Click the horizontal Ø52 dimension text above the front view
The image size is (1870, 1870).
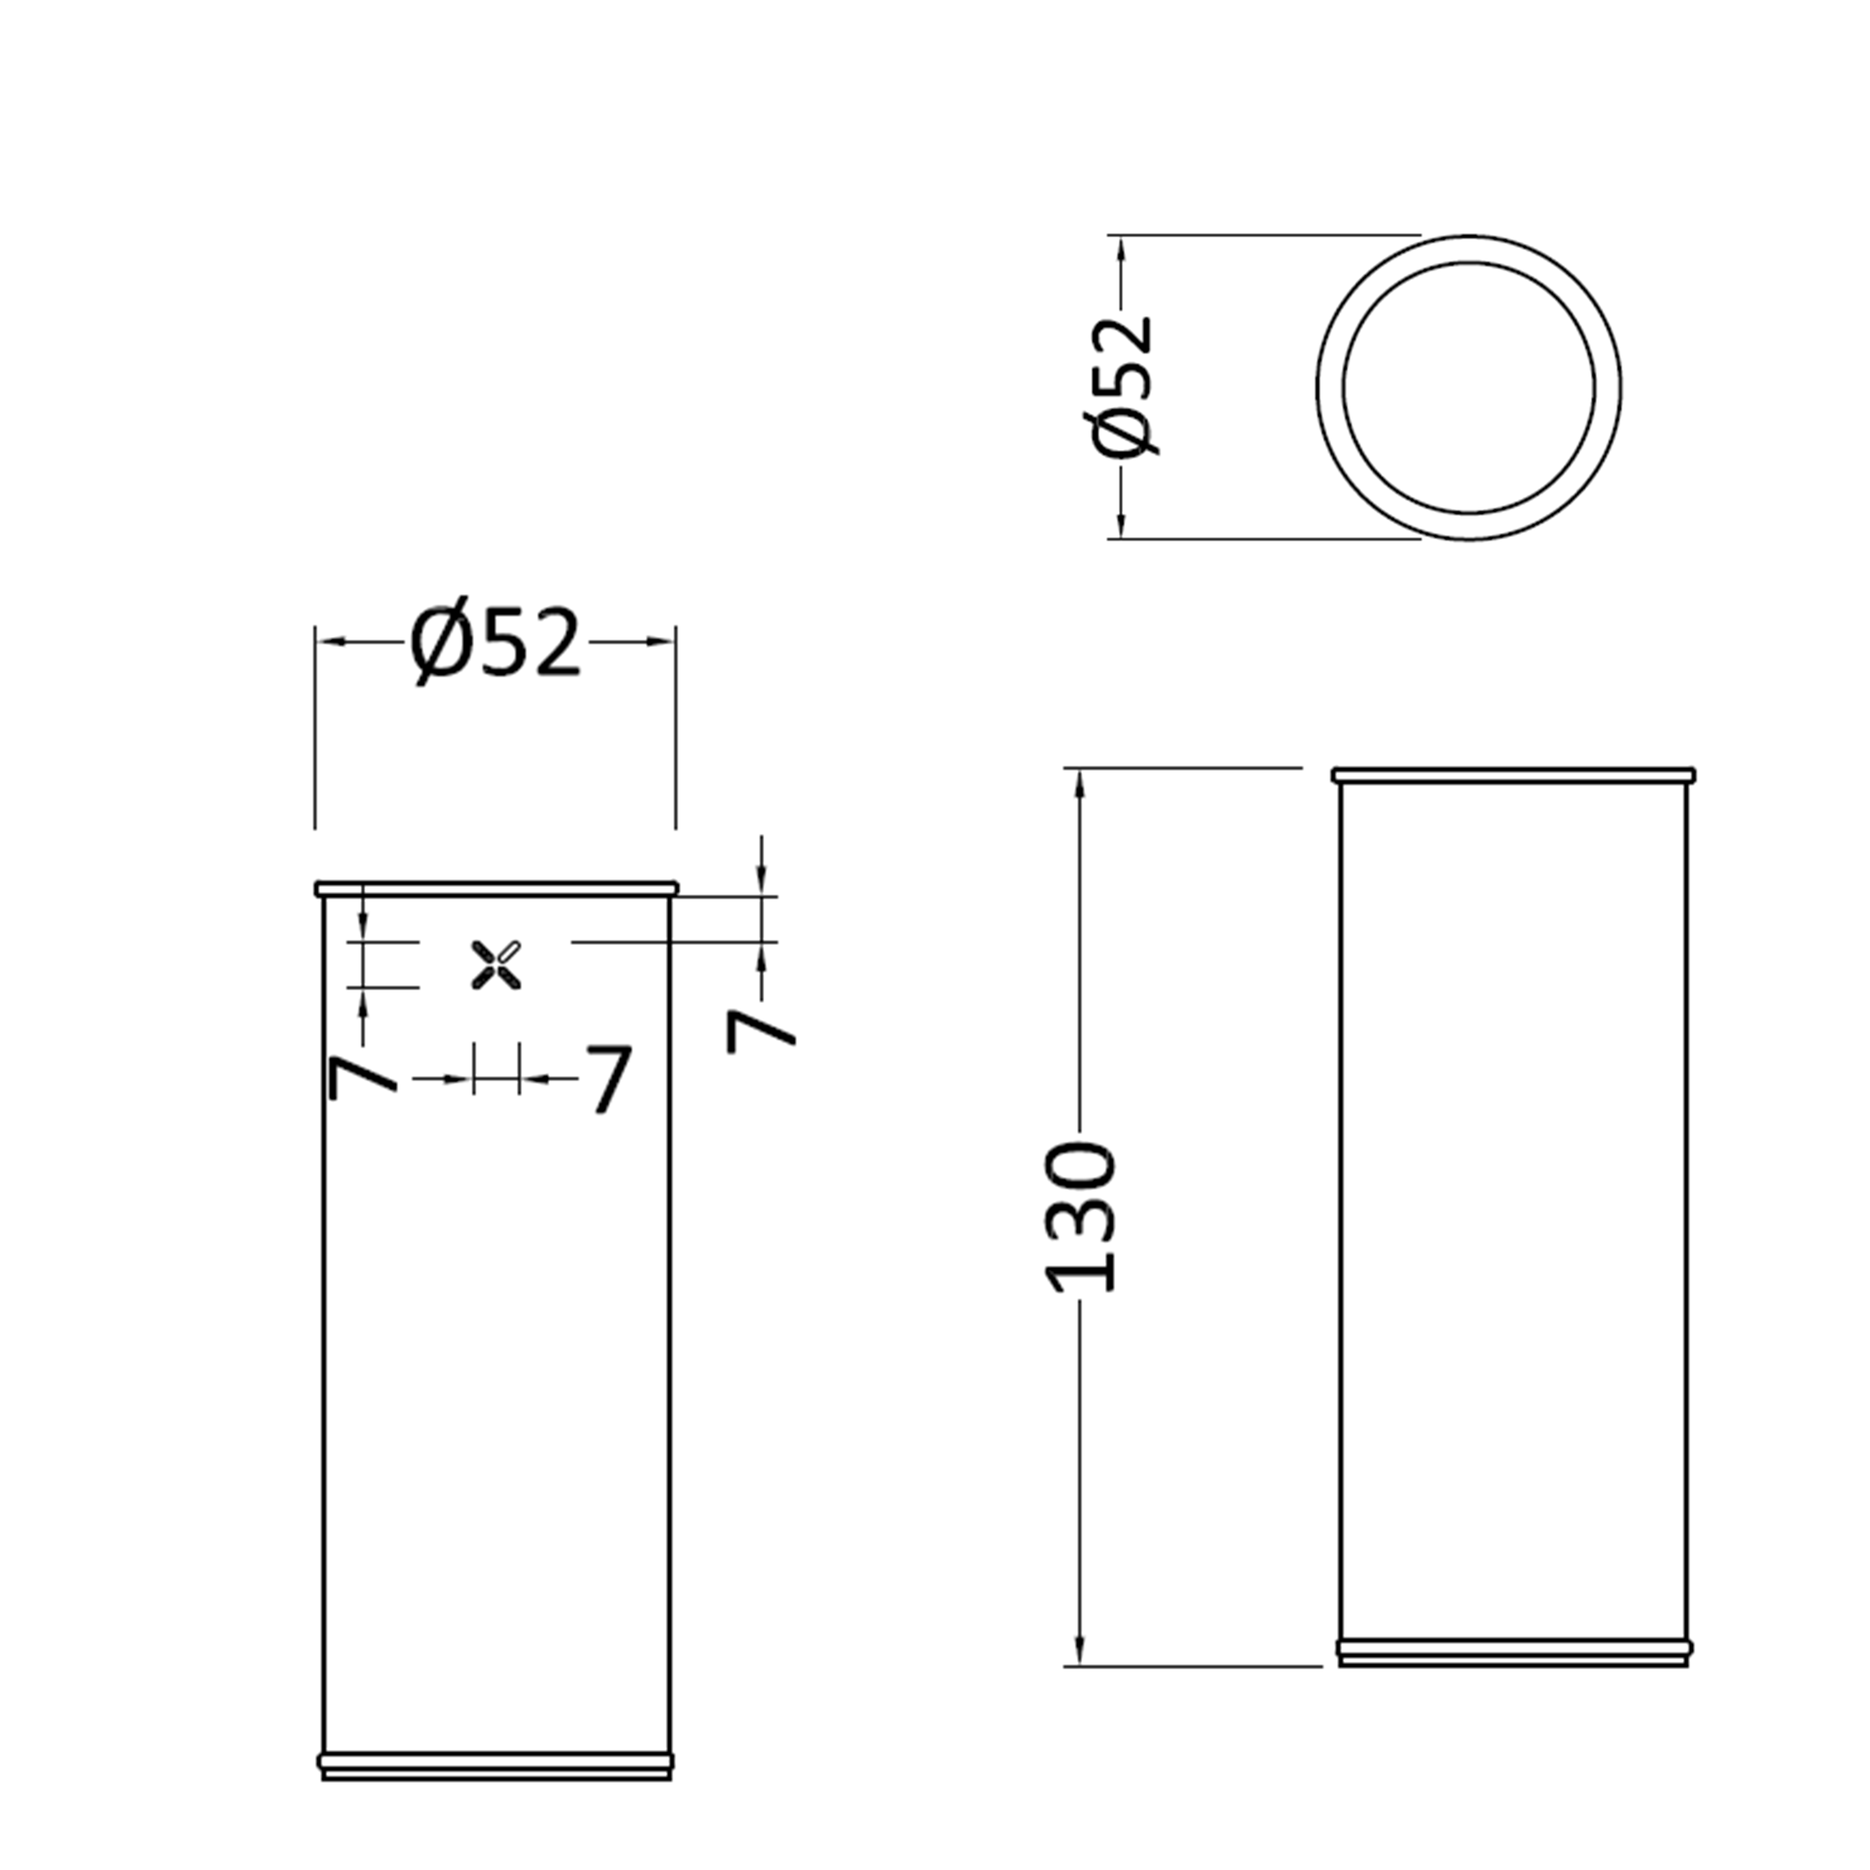[496, 645]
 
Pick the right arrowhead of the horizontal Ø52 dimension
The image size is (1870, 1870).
[661, 641]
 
